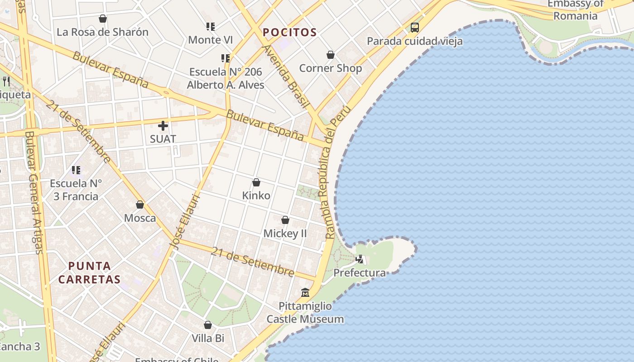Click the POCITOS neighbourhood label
(290, 33)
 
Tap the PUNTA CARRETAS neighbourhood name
(90, 272)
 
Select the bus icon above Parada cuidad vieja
(415, 28)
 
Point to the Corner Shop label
(331, 68)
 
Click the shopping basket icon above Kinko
(256, 182)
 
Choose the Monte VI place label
(211, 40)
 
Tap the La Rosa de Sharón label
(102, 32)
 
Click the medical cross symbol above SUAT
(163, 126)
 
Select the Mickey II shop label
(285, 233)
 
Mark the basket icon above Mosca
(140, 205)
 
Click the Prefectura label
(360, 273)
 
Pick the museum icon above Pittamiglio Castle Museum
(305, 293)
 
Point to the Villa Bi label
(208, 338)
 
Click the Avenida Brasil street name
(286, 76)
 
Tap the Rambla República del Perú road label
(335, 172)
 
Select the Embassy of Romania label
(576, 10)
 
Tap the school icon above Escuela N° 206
(226, 58)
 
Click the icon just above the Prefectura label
(360, 259)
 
